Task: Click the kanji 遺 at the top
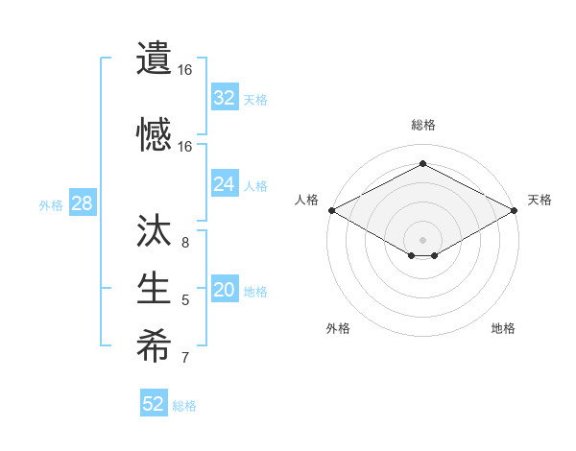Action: pos(154,59)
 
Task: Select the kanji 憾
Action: pos(154,133)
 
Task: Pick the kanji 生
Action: pos(154,288)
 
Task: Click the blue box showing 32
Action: pos(225,97)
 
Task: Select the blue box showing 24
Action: pos(225,184)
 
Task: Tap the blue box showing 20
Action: pos(225,291)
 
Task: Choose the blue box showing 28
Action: pos(82,203)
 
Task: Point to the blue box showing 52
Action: pos(154,404)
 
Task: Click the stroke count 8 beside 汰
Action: pos(184,242)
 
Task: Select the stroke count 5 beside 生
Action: pos(184,300)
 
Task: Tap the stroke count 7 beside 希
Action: pos(184,359)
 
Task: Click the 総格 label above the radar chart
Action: pos(422,125)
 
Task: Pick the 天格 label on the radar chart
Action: pos(540,200)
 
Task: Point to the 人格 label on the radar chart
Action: pos(306,200)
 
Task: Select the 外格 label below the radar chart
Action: pos(338,328)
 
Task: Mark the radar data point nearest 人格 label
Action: pos(330,210)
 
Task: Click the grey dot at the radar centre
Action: pos(422,238)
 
